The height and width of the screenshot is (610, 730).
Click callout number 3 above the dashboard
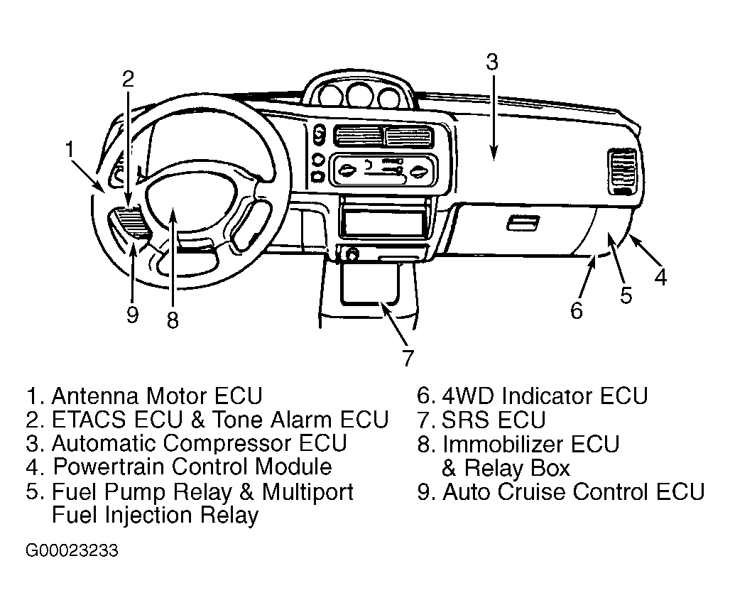tap(492, 62)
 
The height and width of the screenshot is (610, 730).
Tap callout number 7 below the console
tap(408, 358)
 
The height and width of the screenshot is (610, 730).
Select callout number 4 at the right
tap(660, 277)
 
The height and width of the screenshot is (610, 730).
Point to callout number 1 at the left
tap(70, 150)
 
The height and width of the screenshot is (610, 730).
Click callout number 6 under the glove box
tap(577, 310)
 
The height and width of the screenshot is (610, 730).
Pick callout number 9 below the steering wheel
tap(133, 315)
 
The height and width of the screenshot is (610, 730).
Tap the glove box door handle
tap(523, 223)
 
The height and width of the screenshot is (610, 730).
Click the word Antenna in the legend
tap(95, 396)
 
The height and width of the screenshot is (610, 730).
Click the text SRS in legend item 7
tap(463, 420)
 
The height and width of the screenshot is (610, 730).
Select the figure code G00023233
tap(72, 551)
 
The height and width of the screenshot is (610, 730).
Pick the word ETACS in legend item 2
tap(89, 420)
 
